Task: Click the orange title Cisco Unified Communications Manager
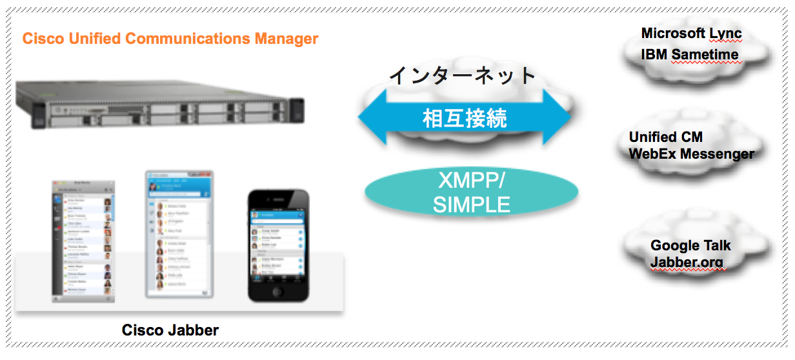[x=170, y=39]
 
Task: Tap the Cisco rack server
[x=159, y=106]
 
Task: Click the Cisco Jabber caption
[x=170, y=330]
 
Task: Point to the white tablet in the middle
[x=179, y=234]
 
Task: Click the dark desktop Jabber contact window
[x=83, y=241]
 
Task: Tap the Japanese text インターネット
[x=463, y=75]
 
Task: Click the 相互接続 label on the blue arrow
[x=465, y=119]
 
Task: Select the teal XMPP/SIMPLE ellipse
[x=471, y=192]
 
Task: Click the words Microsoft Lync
[x=691, y=34]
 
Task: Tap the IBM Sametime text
[x=689, y=54]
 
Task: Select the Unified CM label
[x=665, y=137]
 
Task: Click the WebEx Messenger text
[x=691, y=154]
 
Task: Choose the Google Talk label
[x=690, y=246]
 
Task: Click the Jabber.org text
[x=687, y=263]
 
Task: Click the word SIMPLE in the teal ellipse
[x=471, y=205]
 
